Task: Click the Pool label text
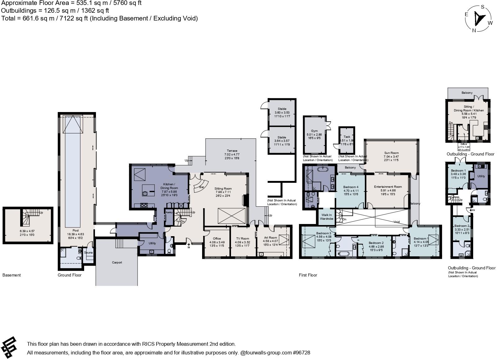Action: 75,230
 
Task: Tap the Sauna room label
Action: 88,253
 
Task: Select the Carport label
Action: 117,262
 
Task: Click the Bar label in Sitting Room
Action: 201,187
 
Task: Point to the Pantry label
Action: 169,212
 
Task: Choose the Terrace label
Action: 232,151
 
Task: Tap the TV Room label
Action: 242,238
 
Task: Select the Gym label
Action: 314,131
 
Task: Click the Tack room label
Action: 347,137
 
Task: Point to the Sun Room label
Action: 391,153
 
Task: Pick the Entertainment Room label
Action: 388,187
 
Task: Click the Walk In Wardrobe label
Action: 326,217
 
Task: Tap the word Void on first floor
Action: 397,222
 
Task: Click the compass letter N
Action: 474,30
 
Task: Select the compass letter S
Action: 482,7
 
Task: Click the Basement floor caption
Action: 11,275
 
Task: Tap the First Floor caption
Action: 308,275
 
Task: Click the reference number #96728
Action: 301,353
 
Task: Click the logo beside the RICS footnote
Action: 9,347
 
